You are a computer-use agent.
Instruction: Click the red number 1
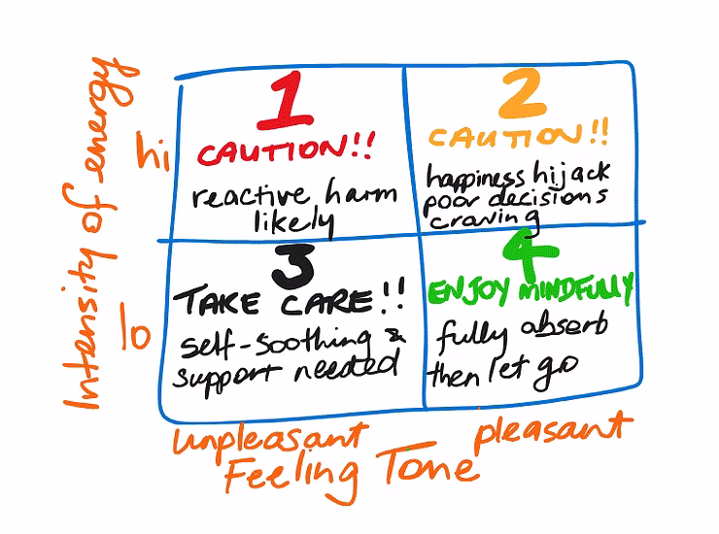[x=284, y=104]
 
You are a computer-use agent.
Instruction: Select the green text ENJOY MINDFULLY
[x=531, y=289]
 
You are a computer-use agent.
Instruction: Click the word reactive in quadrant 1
[x=244, y=197]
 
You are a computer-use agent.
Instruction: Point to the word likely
[x=291, y=223]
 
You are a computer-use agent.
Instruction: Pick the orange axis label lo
[x=137, y=333]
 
